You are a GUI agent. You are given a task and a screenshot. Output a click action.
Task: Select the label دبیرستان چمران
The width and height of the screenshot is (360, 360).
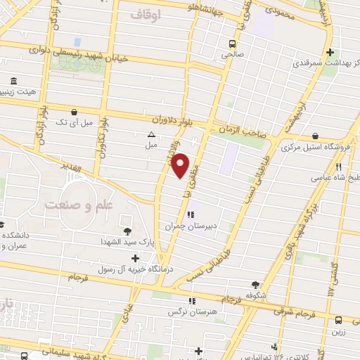(x=188, y=226)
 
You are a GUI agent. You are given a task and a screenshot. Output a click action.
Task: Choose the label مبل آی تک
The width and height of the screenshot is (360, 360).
(x=74, y=123)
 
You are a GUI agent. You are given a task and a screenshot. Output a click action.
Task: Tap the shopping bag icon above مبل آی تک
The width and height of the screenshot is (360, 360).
(x=74, y=111)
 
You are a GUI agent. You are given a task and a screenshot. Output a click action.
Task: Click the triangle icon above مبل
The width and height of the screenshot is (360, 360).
(x=150, y=134)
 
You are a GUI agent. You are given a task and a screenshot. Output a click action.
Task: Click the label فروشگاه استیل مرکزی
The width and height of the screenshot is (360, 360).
(x=311, y=148)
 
